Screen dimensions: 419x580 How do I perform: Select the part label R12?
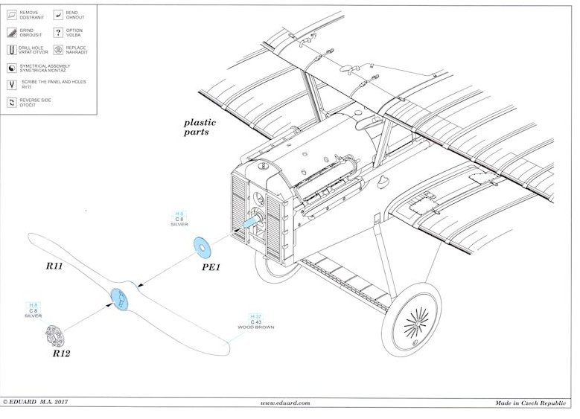tap(61, 354)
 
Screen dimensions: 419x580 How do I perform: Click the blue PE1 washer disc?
tap(200, 245)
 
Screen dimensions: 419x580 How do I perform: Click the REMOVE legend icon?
tap(12, 16)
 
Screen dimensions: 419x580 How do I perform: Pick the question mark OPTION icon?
tap(57, 32)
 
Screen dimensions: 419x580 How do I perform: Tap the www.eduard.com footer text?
tap(286, 403)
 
